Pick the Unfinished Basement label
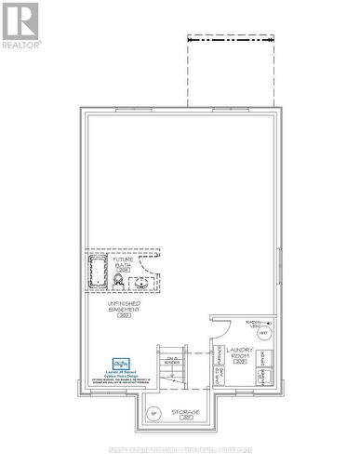pyautogui.click(x=124, y=305)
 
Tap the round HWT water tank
pyautogui.click(x=263, y=332)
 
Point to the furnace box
pyautogui.click(x=219, y=358)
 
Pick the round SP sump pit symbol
pyautogui.click(x=154, y=414)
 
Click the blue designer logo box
pyautogui.click(x=120, y=364)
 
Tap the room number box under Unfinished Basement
pyautogui.click(x=124, y=316)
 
